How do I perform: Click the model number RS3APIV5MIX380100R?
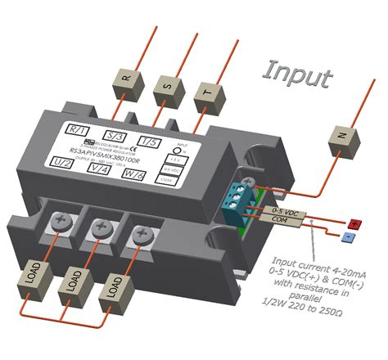[x=106, y=151]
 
